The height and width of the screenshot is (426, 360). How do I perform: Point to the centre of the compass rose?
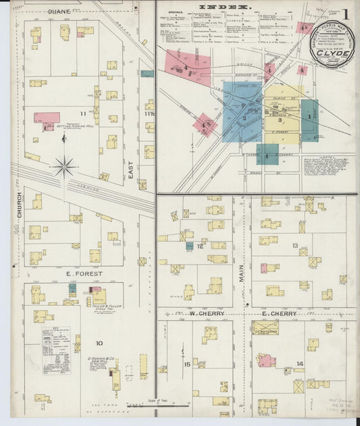pyautogui.click(x=64, y=165)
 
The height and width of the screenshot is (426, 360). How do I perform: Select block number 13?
pyautogui.click(x=295, y=245)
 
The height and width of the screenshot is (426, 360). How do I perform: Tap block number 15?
pyautogui.click(x=187, y=365)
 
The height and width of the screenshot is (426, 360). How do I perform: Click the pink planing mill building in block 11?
pyautogui.click(x=47, y=117)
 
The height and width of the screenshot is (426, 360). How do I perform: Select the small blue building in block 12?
pyautogui.click(x=190, y=246)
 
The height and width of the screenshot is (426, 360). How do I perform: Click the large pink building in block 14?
pyautogui.click(x=265, y=360)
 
